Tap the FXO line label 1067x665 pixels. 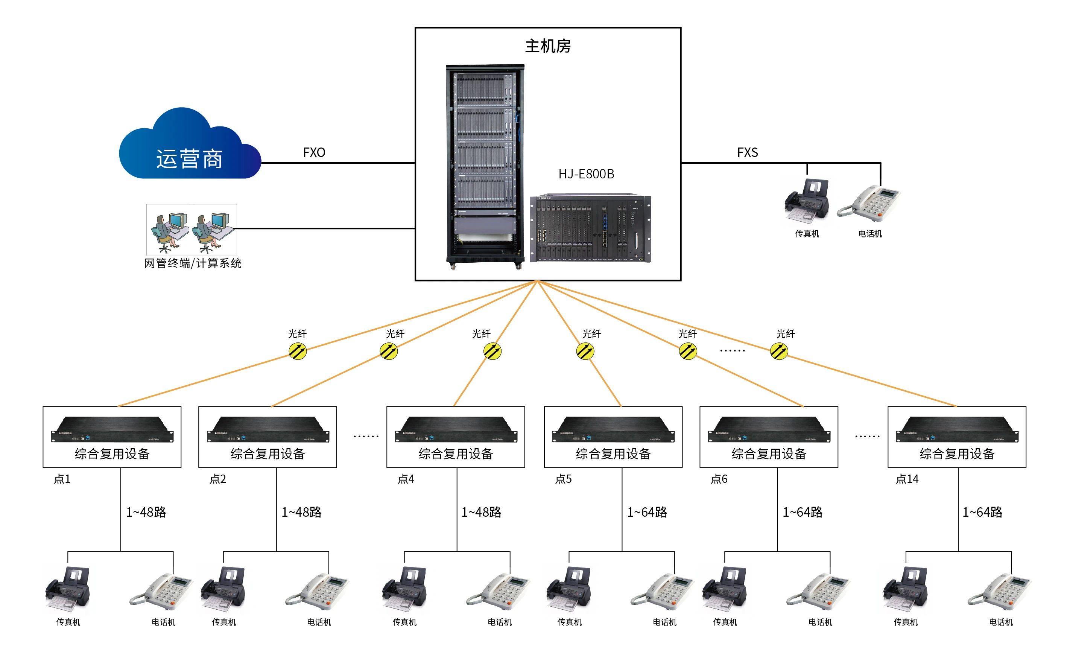pyautogui.click(x=314, y=153)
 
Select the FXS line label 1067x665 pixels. pyautogui.click(x=747, y=153)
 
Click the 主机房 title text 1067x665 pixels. pyautogui.click(x=547, y=46)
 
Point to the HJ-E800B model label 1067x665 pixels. pyautogui.click(x=586, y=174)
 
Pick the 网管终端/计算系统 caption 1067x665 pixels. pyautogui.click(x=193, y=263)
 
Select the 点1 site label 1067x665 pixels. pyautogui.click(x=62, y=479)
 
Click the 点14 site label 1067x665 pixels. pyautogui.click(x=907, y=479)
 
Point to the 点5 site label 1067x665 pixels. pyautogui.click(x=563, y=479)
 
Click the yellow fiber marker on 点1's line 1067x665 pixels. pyautogui.click(x=298, y=352)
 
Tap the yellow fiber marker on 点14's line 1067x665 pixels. pyautogui.click(x=779, y=352)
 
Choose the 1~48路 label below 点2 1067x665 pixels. pyautogui.click(x=302, y=512)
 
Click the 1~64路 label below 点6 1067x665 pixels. pyautogui.click(x=803, y=512)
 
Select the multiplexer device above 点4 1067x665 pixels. pyautogui.click(x=456, y=429)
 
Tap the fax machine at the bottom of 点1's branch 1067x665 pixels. pyautogui.click(x=68, y=589)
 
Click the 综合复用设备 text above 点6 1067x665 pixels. pyautogui.click(x=769, y=454)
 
